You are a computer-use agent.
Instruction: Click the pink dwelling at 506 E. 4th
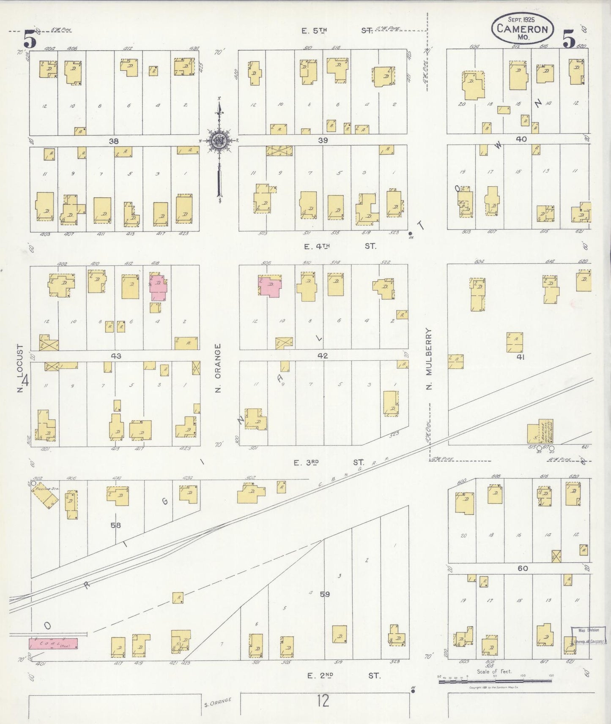270,286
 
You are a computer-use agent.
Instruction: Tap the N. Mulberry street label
430,359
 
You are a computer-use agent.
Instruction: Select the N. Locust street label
20,368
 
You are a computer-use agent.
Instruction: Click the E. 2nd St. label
342,676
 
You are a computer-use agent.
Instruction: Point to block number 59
325,594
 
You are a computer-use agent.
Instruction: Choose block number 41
521,357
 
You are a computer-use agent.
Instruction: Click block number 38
114,141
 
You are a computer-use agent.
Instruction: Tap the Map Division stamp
588,636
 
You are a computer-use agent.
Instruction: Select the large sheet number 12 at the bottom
322,702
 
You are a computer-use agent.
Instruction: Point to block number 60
523,568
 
